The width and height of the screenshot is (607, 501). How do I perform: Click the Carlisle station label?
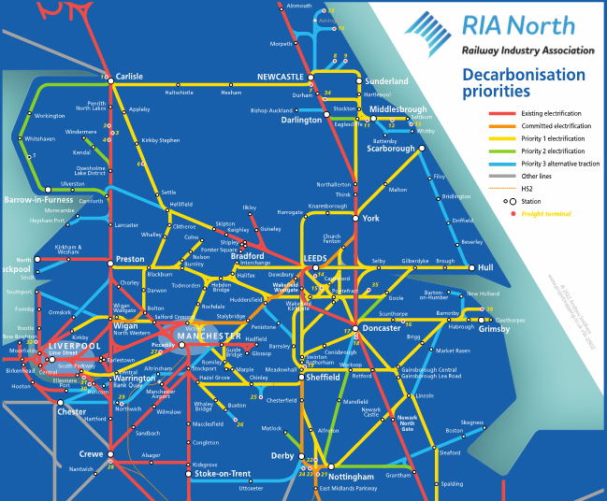click(x=130, y=77)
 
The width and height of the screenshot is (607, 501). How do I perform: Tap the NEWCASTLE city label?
click(x=282, y=77)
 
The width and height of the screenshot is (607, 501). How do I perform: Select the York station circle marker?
click(x=354, y=218)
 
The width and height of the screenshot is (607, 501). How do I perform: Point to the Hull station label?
click(x=484, y=267)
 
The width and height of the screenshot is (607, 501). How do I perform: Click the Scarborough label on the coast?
click(x=390, y=149)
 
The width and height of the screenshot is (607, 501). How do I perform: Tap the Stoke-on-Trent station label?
click(x=224, y=474)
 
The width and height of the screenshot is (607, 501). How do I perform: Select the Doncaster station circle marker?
click(x=354, y=328)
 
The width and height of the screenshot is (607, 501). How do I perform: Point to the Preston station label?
click(x=130, y=259)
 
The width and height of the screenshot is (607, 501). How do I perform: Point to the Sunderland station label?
click(x=387, y=82)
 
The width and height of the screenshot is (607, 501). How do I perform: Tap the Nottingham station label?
click(x=351, y=477)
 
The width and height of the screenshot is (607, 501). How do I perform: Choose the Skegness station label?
click(x=472, y=422)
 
